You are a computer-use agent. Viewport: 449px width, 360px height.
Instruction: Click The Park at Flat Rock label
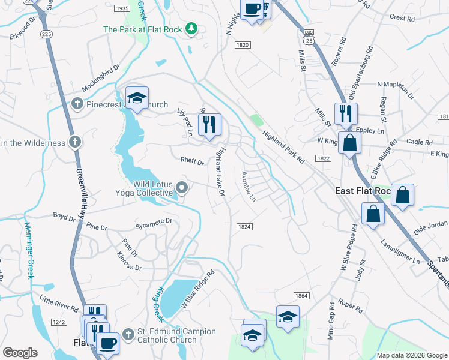click(x=143, y=29)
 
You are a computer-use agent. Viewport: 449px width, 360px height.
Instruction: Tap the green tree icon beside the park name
click(x=191, y=28)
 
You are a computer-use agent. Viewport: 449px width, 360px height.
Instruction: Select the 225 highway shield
click(x=47, y=35)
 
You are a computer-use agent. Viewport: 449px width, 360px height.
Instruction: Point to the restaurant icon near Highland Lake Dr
click(x=209, y=125)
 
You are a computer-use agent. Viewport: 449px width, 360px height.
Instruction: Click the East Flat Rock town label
click(x=362, y=191)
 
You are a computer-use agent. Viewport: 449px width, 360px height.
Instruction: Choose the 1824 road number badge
click(x=244, y=226)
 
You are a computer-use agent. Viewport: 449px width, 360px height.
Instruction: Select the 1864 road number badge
click(x=301, y=296)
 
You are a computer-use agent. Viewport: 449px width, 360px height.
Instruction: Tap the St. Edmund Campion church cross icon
click(x=128, y=334)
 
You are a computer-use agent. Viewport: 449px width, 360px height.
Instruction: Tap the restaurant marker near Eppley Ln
click(x=346, y=113)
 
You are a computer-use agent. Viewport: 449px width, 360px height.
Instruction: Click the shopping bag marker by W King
click(x=349, y=144)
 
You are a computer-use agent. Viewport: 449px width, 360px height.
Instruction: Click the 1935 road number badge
click(x=121, y=8)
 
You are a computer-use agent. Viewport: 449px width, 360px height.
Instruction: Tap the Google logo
click(x=19, y=353)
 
